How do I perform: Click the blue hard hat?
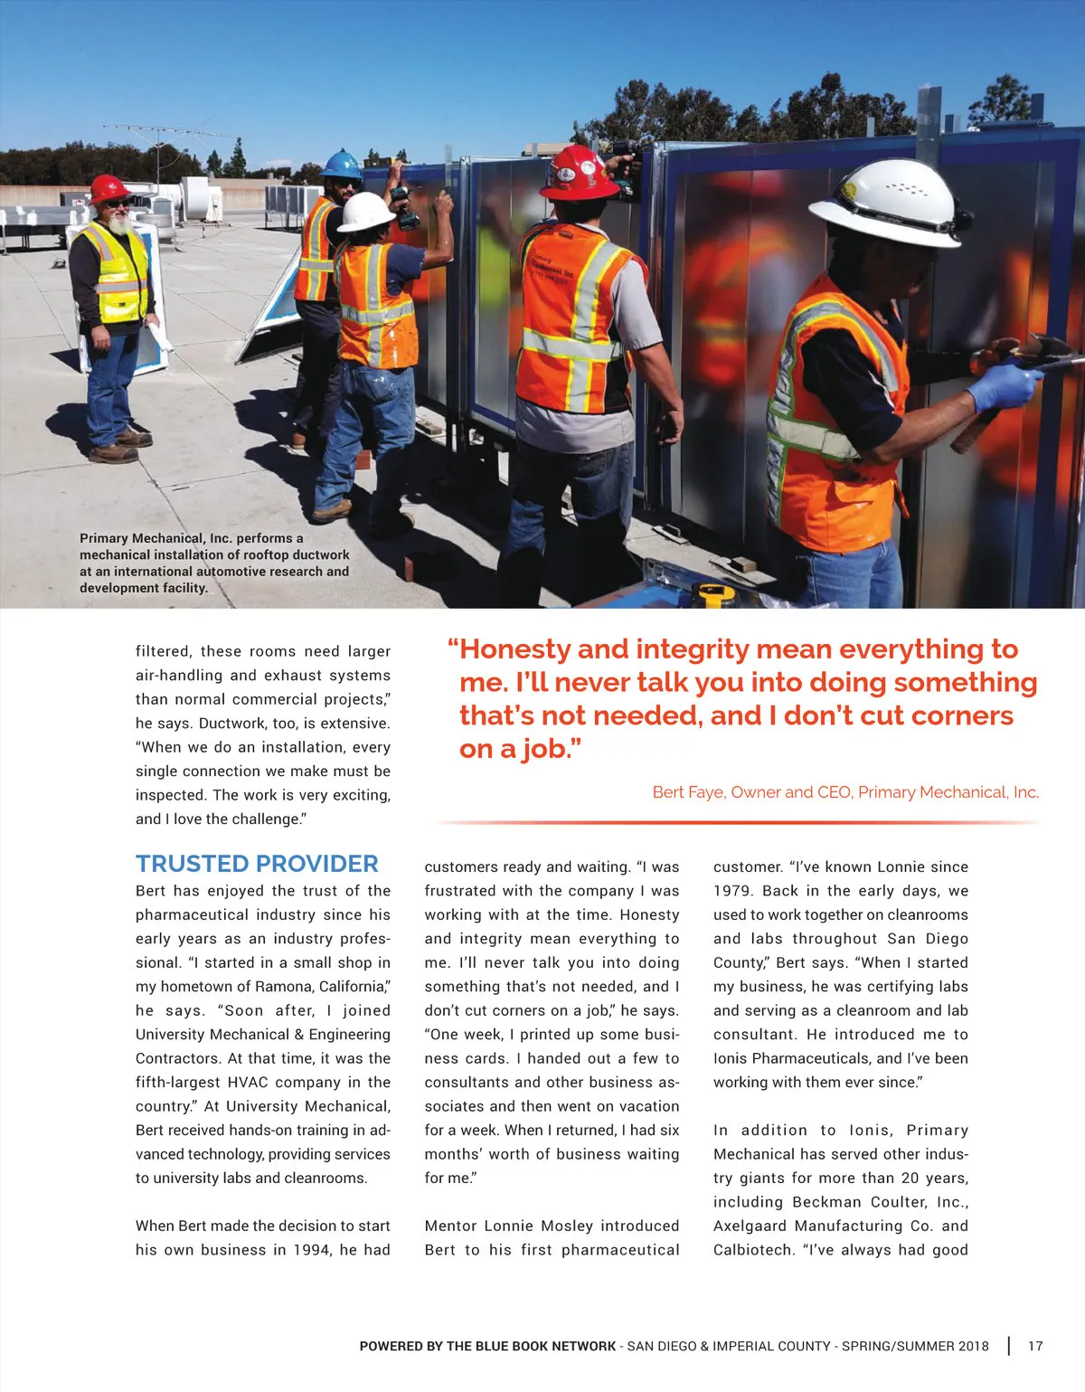[342, 165]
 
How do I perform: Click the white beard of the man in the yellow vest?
[118, 226]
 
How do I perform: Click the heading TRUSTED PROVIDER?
[257, 864]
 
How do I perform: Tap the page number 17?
[1035, 1346]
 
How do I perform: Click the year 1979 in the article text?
[733, 891]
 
